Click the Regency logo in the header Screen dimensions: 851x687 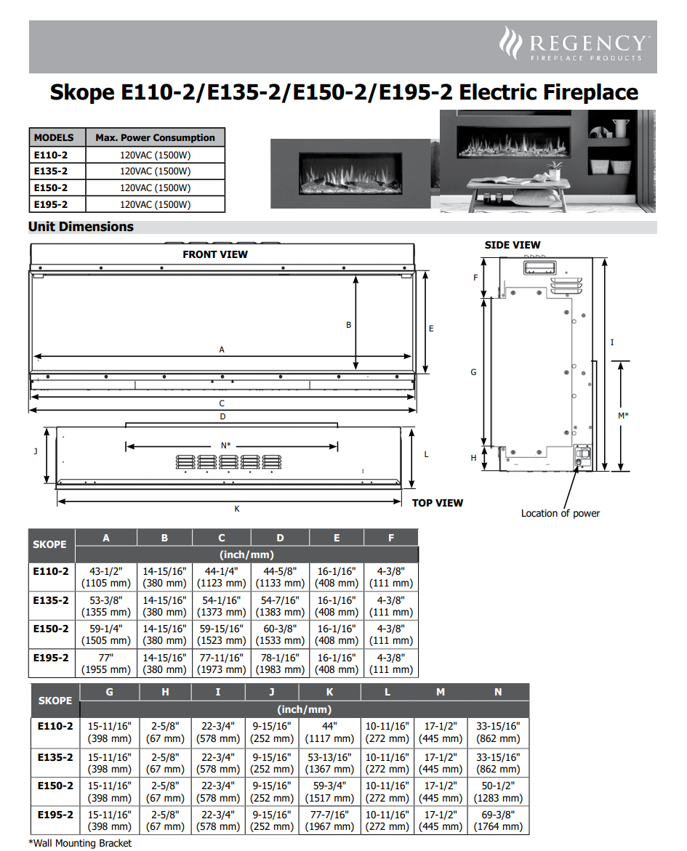(572, 44)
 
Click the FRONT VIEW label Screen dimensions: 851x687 (215, 254)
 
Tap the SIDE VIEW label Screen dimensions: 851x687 (513, 245)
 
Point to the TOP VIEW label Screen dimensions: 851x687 (438, 503)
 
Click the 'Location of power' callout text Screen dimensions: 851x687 (561, 513)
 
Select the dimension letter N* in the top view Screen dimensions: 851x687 (226, 445)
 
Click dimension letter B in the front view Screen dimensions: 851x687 (349, 325)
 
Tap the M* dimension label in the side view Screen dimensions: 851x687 (623, 416)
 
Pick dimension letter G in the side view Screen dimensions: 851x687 (473, 372)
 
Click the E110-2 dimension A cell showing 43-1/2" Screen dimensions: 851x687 (106, 577)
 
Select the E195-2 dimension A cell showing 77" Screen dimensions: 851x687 (106, 664)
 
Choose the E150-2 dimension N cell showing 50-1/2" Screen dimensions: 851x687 (498, 791)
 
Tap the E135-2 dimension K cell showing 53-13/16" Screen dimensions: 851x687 (330, 762)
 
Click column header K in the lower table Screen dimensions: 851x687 (330, 692)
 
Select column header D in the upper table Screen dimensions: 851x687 (280, 539)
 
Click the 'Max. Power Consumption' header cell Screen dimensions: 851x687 (156, 137)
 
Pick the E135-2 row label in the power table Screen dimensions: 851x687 (50, 171)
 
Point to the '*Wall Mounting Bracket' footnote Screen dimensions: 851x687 (81, 843)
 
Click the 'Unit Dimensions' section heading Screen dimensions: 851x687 (81, 227)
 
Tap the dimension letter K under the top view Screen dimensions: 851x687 (237, 509)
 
